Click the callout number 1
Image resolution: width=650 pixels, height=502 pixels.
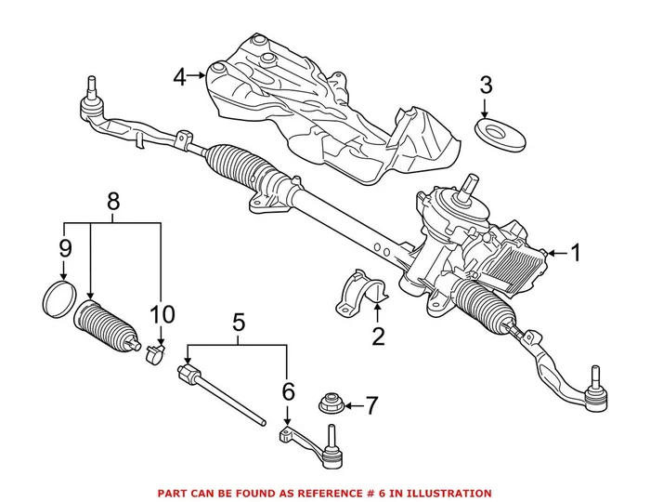click(x=575, y=252)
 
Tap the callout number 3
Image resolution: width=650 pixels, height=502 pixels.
click(x=486, y=86)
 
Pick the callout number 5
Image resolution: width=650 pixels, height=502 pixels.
click(x=238, y=324)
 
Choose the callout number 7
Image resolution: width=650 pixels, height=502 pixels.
click(x=370, y=405)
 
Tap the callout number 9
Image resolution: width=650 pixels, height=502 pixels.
click(x=64, y=248)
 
